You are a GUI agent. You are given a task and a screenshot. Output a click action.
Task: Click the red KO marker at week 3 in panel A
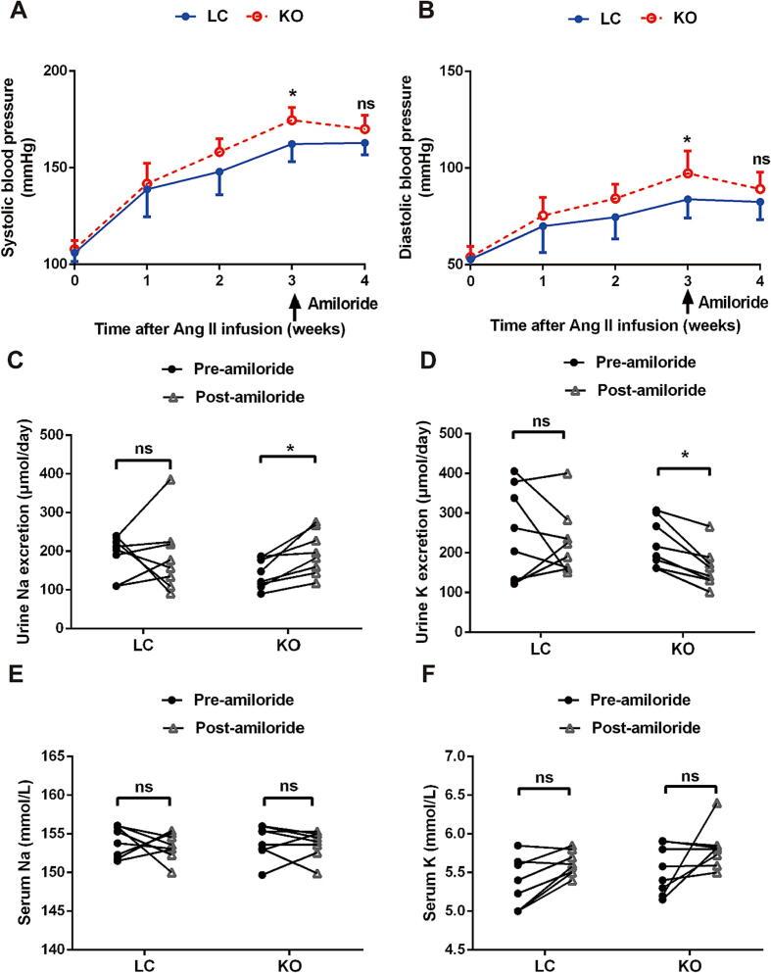292,121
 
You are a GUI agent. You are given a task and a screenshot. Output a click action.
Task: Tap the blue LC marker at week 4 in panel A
364,143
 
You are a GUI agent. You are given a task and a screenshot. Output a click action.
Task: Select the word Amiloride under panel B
730,305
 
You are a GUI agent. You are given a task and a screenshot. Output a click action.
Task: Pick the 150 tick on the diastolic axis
452,72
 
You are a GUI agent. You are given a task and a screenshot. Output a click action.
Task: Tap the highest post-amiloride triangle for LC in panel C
170,480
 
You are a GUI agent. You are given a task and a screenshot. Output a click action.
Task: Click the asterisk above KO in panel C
292,449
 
